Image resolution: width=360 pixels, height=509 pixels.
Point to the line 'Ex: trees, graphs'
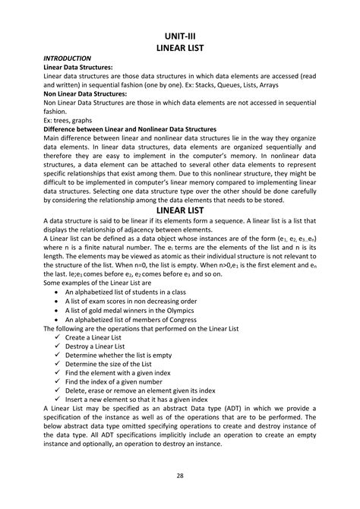[70, 120]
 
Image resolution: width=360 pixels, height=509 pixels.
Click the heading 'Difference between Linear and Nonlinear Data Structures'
[130, 129]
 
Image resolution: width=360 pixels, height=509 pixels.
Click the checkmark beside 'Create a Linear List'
[58, 337]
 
